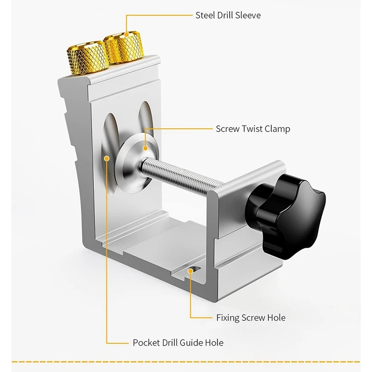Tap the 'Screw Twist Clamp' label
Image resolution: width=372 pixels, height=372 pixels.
tap(252, 129)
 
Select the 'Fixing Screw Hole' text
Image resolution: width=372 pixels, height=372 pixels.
tap(251, 318)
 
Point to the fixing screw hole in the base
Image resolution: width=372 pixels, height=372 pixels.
tap(191, 272)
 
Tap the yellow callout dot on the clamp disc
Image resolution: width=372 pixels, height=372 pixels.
tap(145, 148)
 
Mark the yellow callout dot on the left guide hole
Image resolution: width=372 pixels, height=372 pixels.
tap(107, 158)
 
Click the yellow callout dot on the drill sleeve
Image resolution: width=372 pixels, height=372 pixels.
tap(126, 33)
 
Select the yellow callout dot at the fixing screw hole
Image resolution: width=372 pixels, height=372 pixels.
tap(191, 269)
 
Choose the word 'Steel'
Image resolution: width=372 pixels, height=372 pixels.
tap(205, 15)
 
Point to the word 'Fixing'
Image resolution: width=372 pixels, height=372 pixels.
tap(227, 318)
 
